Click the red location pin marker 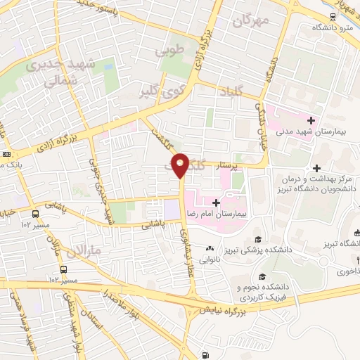click(181, 165)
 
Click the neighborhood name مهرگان click(248, 22)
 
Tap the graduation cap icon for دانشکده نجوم click(263, 276)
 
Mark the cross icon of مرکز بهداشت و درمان click(317, 168)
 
